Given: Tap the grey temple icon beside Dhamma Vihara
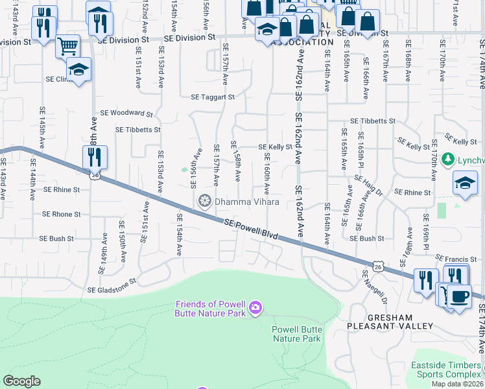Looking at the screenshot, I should tap(206, 202).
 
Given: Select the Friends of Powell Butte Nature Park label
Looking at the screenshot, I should tap(211, 309).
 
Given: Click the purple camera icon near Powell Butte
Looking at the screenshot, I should tap(255, 307).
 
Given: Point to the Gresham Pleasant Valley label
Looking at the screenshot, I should tap(380, 322).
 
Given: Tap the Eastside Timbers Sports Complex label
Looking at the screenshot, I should tap(446, 370).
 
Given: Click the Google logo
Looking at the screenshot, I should tap(21, 381).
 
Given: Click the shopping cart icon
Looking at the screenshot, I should tap(67, 46).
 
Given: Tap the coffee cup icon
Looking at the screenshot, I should tap(459, 297).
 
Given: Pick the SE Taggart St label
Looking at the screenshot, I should tap(212, 97).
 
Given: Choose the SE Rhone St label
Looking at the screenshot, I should tap(61, 214).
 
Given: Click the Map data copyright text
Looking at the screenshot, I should tap(456, 384).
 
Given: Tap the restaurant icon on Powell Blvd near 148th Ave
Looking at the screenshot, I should tap(95, 158).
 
